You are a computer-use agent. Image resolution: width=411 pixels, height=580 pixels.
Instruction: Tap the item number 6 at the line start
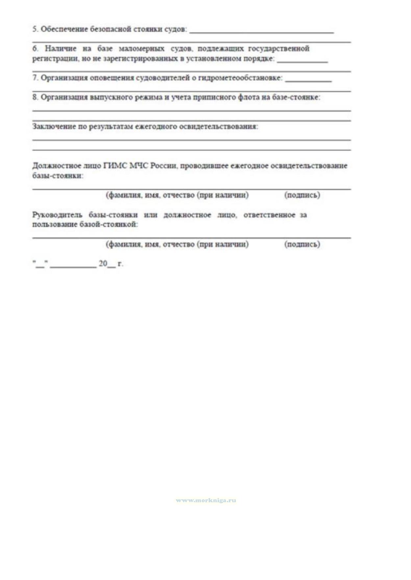click(x=35, y=49)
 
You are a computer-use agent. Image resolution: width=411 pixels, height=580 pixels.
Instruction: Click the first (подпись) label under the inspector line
click(x=302, y=195)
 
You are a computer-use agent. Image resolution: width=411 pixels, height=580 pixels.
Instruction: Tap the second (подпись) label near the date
click(x=302, y=244)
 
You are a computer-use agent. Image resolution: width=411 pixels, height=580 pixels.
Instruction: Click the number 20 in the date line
click(x=103, y=264)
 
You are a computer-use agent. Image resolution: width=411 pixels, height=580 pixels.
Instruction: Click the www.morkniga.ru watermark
click(x=206, y=500)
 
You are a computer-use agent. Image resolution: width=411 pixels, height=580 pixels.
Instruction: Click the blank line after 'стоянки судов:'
click(x=262, y=32)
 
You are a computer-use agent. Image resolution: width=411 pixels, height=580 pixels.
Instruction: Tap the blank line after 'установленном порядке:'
click(x=302, y=61)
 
